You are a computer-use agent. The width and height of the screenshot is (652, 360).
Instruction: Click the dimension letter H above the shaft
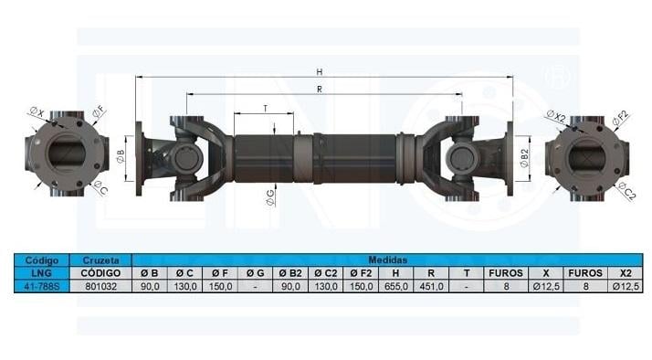click(320, 72)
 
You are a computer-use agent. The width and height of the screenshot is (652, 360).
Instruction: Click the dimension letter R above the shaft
click(320, 90)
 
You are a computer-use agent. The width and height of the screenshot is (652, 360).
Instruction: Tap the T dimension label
click(266, 109)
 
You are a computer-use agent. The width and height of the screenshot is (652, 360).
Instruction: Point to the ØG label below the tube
click(270, 197)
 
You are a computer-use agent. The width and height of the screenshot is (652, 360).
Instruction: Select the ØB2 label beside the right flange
click(525, 158)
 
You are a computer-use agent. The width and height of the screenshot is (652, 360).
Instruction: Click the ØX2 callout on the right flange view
click(555, 116)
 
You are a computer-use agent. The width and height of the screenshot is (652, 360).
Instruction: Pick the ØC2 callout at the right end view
click(627, 191)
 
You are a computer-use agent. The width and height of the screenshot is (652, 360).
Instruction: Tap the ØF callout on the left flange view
click(99, 112)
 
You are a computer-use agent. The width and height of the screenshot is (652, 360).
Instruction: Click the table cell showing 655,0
click(396, 286)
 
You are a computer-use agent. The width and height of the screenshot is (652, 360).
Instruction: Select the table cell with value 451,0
click(431, 286)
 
